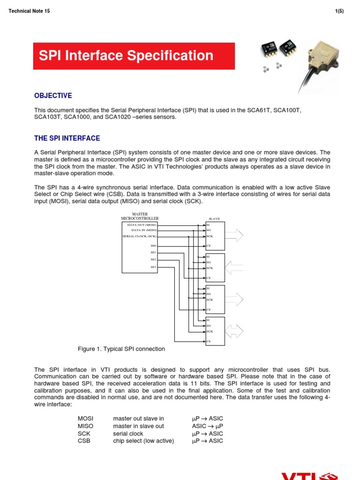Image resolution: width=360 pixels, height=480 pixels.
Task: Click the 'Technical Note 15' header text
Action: (x=29, y=11)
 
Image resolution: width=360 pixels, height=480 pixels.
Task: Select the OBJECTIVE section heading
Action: (x=53, y=96)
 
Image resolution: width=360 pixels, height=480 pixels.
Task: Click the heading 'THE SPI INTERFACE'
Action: (x=67, y=138)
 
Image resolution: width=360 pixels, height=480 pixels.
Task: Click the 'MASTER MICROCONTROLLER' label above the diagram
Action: (x=140, y=216)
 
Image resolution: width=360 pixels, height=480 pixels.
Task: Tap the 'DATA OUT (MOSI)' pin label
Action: (x=142, y=225)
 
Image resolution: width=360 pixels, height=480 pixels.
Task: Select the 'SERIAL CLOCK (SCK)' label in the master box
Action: (x=139, y=236)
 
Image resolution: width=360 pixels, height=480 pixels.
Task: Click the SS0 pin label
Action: (x=153, y=246)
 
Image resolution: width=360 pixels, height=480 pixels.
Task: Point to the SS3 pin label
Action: (x=153, y=267)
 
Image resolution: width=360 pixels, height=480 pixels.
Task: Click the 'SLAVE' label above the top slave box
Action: (x=214, y=219)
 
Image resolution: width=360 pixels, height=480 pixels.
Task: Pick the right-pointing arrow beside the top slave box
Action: (x=235, y=235)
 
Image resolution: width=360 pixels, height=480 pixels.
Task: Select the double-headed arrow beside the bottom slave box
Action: (x=235, y=331)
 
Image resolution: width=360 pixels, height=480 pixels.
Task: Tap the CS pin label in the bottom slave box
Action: (x=209, y=342)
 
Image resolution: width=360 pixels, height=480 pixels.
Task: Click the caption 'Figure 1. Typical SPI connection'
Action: (x=121, y=349)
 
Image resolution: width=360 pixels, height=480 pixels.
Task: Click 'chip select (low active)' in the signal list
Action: (x=143, y=441)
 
